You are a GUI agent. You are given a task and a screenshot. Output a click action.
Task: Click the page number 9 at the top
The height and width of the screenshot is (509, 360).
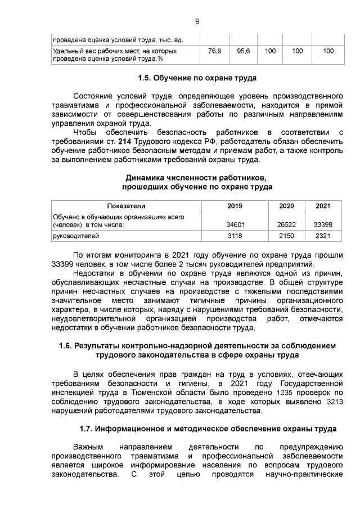[x=197, y=21]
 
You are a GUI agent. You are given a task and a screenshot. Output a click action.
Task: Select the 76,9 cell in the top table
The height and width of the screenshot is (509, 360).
[x=214, y=51]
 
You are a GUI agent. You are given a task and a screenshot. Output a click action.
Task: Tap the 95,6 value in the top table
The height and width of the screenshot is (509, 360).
[x=244, y=51]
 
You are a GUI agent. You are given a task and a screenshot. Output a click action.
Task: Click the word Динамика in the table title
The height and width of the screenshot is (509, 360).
[x=143, y=177]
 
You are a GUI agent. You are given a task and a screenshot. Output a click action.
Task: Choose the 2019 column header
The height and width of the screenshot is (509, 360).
[x=235, y=206]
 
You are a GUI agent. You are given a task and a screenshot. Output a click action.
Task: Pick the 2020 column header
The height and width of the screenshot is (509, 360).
[x=286, y=206]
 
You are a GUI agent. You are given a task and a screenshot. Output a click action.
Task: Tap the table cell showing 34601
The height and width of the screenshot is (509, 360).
[x=235, y=224]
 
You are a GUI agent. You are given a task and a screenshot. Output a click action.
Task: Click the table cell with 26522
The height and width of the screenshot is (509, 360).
[x=286, y=224]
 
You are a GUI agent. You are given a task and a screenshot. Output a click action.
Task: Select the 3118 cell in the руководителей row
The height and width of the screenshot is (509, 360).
[x=235, y=236]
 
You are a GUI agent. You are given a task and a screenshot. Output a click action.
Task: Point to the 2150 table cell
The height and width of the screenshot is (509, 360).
[x=286, y=236]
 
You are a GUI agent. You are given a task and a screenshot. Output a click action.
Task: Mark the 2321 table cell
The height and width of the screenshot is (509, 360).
[x=323, y=236]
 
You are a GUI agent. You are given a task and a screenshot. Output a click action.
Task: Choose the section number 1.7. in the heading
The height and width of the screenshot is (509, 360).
[x=86, y=429]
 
